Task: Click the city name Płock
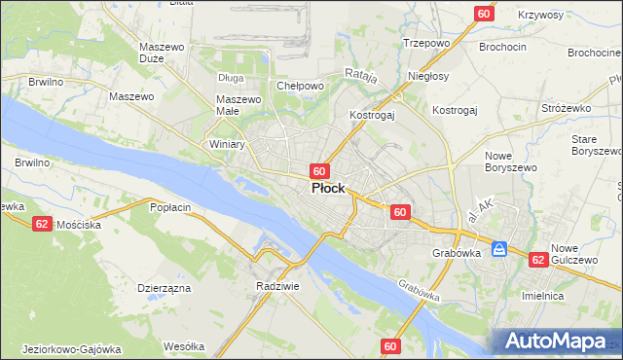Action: [327, 189]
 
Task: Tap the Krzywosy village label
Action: [541, 16]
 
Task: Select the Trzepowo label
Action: [425, 43]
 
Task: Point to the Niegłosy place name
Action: [428, 76]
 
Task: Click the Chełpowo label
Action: [300, 86]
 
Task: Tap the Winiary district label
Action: [227, 144]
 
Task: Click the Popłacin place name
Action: [169, 207]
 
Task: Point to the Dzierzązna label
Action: [164, 289]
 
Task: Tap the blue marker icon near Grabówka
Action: [499, 249]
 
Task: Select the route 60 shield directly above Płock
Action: [318, 170]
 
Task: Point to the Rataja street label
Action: [361, 73]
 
